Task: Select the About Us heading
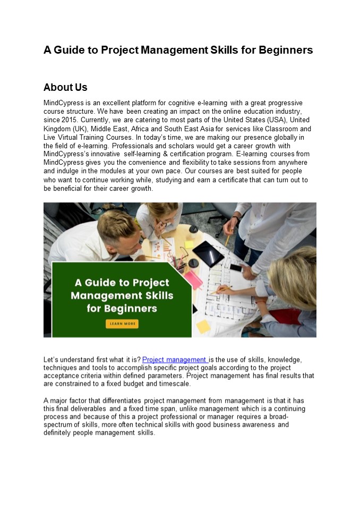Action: click(65, 87)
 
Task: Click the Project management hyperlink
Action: click(175, 360)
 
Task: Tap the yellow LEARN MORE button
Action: click(122, 323)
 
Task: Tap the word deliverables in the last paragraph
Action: click(87, 409)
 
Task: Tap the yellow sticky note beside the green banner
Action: click(203, 326)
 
